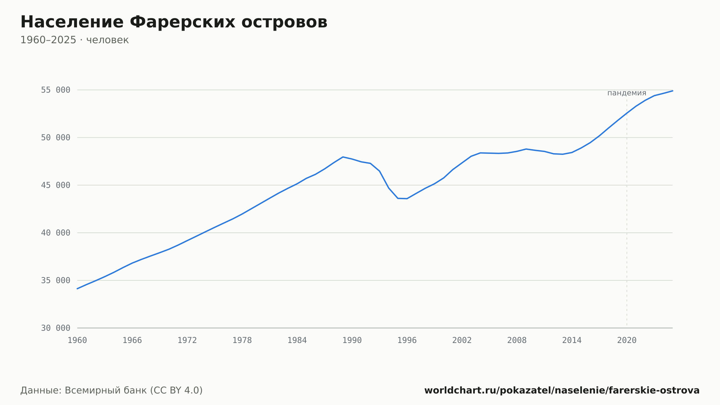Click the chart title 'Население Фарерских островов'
click(174, 22)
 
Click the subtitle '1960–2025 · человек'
click(75, 40)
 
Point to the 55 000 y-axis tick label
click(55, 90)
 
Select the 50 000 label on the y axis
click(55, 138)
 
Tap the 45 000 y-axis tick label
click(55, 185)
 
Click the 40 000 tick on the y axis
click(55, 233)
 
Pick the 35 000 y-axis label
click(55, 280)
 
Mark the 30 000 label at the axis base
click(55, 328)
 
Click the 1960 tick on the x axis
click(77, 341)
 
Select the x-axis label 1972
click(187, 341)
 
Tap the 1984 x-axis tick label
click(297, 341)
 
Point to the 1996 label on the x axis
click(407, 341)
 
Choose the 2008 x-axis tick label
click(517, 341)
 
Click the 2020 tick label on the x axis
click(627, 341)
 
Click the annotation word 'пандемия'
click(627, 93)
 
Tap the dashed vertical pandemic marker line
click(627, 213)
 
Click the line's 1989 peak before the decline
click(343, 157)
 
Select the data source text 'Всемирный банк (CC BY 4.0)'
click(134, 391)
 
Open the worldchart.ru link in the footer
click(562, 391)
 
